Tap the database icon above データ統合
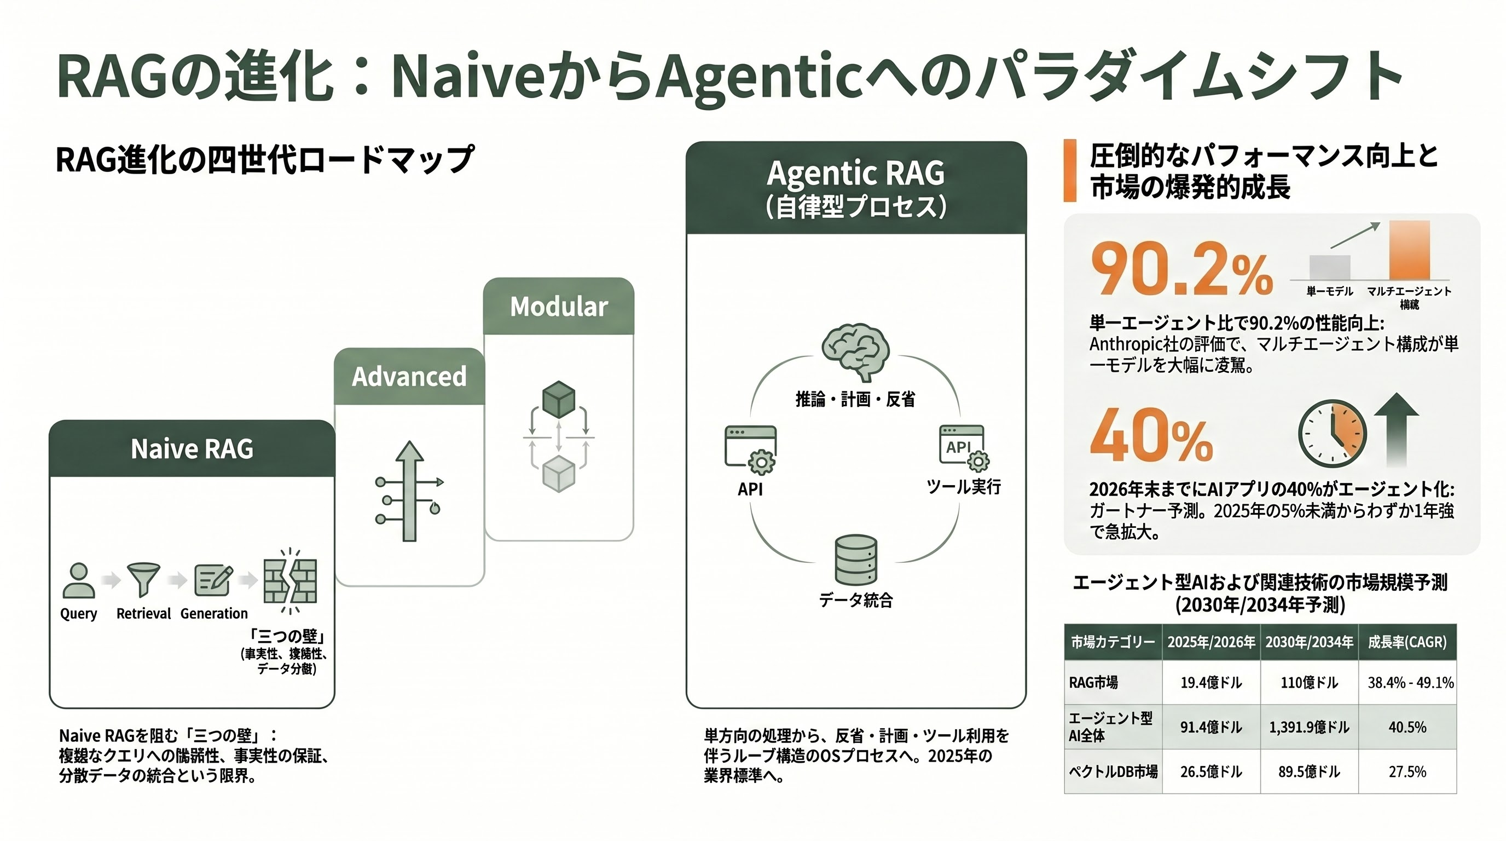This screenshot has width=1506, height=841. [x=856, y=560]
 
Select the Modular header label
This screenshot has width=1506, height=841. [x=559, y=307]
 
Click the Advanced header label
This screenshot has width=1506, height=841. [x=409, y=376]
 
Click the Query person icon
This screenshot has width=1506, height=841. [x=78, y=580]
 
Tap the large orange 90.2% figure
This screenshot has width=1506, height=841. [x=1181, y=269]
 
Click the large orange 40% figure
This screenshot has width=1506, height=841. [x=1150, y=436]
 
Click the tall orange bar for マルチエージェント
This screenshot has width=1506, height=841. [x=1409, y=250]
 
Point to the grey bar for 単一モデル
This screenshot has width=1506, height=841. [x=1329, y=267]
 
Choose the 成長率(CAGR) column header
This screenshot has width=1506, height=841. [x=1406, y=642]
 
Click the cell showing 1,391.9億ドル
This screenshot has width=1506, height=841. [x=1308, y=727]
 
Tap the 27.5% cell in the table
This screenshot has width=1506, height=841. [x=1406, y=771]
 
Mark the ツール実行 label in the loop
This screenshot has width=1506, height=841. [x=964, y=487]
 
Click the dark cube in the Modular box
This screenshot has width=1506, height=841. [x=558, y=400]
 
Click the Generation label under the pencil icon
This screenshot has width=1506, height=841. [x=214, y=613]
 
